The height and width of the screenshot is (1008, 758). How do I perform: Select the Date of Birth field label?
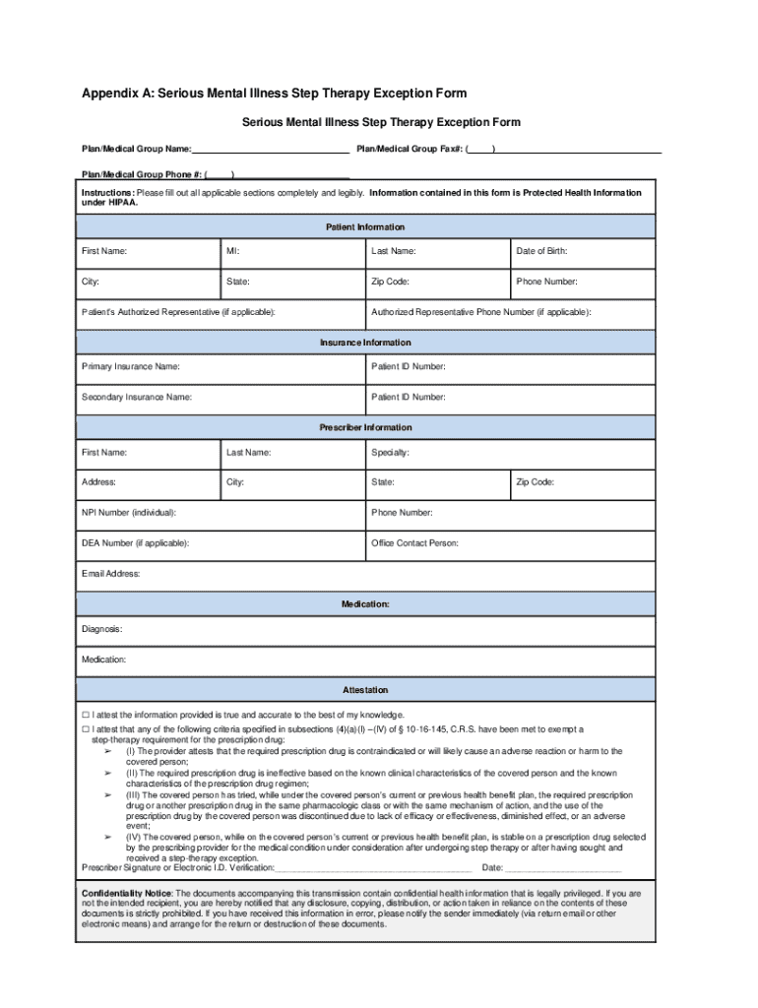click(x=541, y=252)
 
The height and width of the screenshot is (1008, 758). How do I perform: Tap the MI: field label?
click(x=233, y=252)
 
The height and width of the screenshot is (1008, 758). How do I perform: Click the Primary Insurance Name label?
click(x=130, y=367)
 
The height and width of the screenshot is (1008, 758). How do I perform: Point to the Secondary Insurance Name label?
click(x=136, y=398)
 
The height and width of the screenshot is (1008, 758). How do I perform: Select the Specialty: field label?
click(x=390, y=453)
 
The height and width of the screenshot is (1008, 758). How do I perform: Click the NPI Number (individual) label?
click(x=129, y=513)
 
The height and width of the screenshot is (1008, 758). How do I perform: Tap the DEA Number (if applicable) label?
click(x=135, y=543)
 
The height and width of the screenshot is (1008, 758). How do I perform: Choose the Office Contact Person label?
click(x=414, y=543)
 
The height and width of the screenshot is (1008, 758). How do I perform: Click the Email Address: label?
click(x=110, y=574)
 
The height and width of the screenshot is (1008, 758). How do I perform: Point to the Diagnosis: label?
click(x=101, y=629)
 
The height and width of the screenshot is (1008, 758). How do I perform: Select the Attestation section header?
click(x=365, y=691)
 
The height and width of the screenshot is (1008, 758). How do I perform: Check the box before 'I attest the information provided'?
click(x=86, y=716)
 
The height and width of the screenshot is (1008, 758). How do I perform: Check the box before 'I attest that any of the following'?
click(x=86, y=730)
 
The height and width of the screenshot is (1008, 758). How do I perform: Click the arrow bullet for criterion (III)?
click(x=108, y=794)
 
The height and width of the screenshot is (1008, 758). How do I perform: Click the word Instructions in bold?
click(x=107, y=193)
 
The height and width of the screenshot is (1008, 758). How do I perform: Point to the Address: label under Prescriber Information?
click(x=98, y=482)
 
